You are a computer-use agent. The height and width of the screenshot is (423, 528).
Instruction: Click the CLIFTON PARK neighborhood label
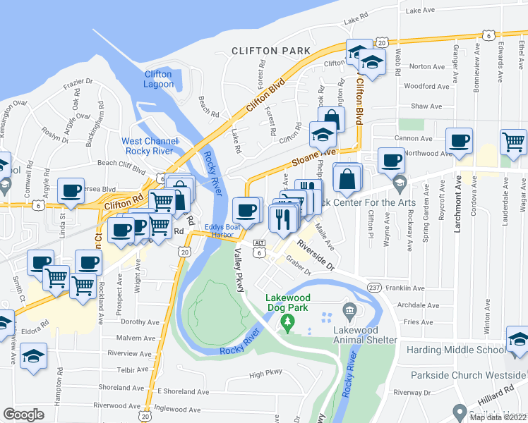271,51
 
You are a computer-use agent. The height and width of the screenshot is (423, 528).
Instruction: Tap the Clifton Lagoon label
158,79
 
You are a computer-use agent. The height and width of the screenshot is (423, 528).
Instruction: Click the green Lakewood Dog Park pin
287,323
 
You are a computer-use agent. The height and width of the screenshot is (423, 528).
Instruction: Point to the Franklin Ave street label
405,288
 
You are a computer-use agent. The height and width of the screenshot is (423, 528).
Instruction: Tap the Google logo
23,414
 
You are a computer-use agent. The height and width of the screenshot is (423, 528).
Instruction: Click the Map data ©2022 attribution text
498,417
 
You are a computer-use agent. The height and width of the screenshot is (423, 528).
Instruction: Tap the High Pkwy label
265,374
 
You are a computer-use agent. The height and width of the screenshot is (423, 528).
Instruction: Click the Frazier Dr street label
78,85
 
